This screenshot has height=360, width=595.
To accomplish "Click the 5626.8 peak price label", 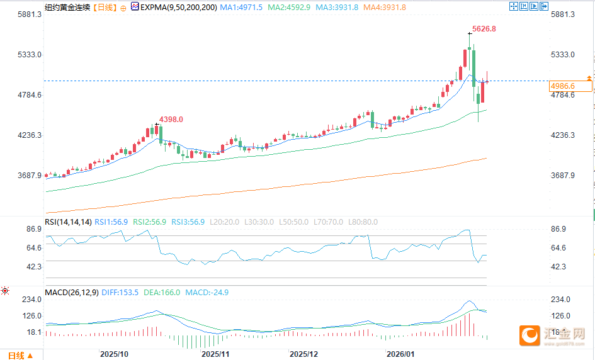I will pyautogui.click(x=484, y=29).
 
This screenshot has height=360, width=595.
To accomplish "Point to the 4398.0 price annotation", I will pyautogui.click(x=171, y=119).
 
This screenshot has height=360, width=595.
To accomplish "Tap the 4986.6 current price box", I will pyautogui.click(x=563, y=86).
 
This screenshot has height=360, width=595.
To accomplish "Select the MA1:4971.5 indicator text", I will pyautogui.click(x=241, y=7).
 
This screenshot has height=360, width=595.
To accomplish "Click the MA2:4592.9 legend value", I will pyautogui.click(x=289, y=7).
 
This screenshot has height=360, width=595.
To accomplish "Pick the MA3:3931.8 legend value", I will pyautogui.click(x=337, y=7).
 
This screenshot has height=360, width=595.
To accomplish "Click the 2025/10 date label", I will pyautogui.click(x=114, y=354).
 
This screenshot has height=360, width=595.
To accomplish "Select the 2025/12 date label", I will pyautogui.click(x=303, y=354).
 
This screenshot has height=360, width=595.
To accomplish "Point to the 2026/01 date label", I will pyautogui.click(x=401, y=354).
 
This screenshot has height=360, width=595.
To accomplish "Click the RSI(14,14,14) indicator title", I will pyautogui.click(x=68, y=222).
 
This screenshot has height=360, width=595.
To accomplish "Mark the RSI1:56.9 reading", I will pyautogui.click(x=112, y=222).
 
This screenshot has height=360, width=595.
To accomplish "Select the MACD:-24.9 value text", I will pyautogui.click(x=207, y=293).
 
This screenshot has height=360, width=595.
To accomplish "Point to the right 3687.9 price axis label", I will pyautogui.click(x=563, y=176).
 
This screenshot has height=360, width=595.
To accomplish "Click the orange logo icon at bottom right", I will pyautogui.click(x=530, y=335).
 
